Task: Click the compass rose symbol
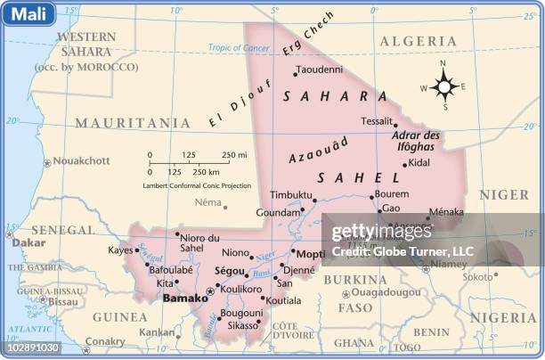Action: (x=444, y=86)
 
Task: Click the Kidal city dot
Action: (x=404, y=164)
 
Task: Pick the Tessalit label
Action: (x=377, y=121)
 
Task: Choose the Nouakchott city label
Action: (x=82, y=160)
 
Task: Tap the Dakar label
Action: (x=28, y=241)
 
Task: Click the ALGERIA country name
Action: (x=418, y=41)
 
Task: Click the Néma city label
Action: (x=207, y=202)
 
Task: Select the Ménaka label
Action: (x=446, y=212)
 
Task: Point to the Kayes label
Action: (x=121, y=250)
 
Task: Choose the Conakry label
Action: (x=105, y=341)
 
